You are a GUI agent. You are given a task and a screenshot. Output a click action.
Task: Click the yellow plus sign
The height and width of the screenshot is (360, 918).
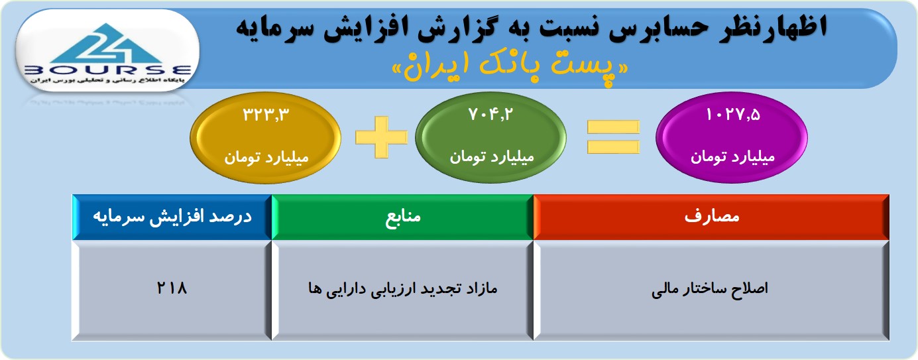[382, 137]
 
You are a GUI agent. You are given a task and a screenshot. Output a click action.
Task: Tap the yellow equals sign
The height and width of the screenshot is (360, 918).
[613, 137]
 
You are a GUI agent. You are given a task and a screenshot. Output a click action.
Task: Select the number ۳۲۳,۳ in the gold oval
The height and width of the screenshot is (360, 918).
[266, 115]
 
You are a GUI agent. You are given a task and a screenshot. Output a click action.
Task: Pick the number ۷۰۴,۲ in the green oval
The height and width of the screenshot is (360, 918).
[490, 114]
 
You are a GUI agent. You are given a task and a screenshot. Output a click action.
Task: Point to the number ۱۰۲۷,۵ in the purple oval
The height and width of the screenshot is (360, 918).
[732, 114]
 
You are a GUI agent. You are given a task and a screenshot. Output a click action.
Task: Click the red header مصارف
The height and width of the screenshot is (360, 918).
[711, 217]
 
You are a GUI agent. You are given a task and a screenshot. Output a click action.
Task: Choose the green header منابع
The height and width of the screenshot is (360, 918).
[402, 217]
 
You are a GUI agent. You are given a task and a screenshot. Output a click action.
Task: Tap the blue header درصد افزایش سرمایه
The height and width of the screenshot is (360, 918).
[172, 217]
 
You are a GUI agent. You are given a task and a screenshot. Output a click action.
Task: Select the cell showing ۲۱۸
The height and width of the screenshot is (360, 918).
[172, 290]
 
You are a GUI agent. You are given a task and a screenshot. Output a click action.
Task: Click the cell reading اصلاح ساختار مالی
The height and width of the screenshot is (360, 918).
[711, 290]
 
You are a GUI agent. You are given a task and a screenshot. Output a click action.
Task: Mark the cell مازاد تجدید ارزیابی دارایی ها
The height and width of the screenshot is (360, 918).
[402, 290]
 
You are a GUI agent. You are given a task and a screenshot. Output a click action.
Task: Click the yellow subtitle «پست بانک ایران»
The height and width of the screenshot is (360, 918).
[510, 67]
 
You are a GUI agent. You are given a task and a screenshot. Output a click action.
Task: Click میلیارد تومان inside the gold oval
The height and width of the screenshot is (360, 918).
[266, 157]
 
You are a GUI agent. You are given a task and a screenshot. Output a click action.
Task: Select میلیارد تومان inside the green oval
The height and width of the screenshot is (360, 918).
[491, 156]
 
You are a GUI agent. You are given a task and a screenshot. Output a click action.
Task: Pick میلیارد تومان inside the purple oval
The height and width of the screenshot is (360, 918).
[732, 156]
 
